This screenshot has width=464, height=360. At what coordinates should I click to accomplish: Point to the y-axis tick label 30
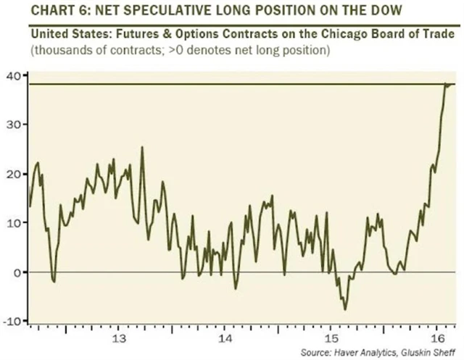pyautogui.click(x=14, y=124)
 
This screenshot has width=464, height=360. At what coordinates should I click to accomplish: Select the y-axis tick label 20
pyautogui.click(x=14, y=173)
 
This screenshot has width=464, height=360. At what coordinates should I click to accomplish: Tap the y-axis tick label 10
pyautogui.click(x=14, y=222)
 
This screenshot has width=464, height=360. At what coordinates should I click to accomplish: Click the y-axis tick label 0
pyautogui.click(x=17, y=272)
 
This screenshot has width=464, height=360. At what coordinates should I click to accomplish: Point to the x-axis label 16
pyautogui.click(x=436, y=339)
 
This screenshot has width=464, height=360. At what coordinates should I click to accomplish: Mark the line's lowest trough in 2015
pyautogui.click(x=345, y=310)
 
